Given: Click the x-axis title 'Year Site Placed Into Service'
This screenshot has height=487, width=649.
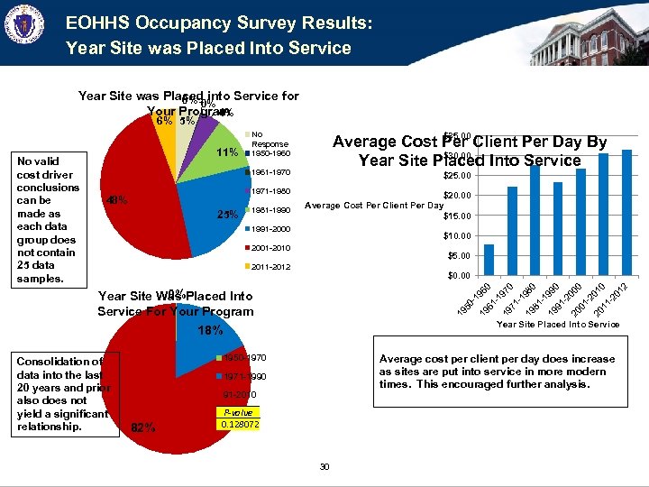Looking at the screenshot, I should [559, 324].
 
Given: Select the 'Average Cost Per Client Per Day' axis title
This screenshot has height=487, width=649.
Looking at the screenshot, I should [373, 206].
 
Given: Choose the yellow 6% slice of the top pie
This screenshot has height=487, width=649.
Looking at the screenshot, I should [166, 130].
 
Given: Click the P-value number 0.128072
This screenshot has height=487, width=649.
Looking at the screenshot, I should [239, 423].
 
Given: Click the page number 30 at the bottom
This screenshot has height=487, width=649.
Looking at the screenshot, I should [324, 466].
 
